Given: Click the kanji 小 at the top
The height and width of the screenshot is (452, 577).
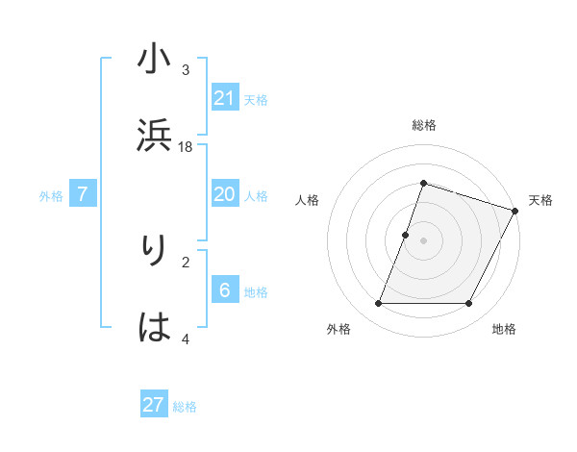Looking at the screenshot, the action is point(154,61).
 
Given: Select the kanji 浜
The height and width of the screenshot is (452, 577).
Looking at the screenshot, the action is point(154,136).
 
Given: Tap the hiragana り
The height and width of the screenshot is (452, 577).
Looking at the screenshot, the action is point(154,252).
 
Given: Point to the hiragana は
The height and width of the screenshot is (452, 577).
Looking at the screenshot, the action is point(154,328).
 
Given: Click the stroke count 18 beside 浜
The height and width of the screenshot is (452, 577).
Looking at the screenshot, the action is point(186,146).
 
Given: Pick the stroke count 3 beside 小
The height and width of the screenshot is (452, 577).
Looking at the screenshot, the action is point(186,70).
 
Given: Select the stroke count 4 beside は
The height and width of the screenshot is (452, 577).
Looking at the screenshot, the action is point(186,339).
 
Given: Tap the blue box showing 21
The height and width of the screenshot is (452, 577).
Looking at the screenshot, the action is point(224,98).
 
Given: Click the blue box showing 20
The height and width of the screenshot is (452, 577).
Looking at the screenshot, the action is point(224,194).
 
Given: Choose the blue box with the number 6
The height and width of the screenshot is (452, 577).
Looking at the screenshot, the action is point(224,290).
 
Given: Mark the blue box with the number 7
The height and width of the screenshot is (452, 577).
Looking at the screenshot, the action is point(83,194).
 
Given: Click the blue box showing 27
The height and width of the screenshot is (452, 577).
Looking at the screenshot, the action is point(154,405).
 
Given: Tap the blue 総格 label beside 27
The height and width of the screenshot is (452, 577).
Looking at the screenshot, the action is point(185,407).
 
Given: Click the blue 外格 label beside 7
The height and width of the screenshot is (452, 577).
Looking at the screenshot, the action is point(51,196).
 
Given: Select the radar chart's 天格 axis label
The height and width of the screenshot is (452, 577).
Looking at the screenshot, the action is point(540,200).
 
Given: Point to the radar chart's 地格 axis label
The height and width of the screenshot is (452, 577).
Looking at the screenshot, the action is point(504,329).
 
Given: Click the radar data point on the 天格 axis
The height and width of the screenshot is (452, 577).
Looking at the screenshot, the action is point(514,211).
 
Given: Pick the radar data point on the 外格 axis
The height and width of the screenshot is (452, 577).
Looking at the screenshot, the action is point(378,304).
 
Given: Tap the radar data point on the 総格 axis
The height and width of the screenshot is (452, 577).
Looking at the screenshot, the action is point(423,183).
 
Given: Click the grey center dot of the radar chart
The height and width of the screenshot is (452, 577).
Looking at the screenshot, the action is point(423,240).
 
